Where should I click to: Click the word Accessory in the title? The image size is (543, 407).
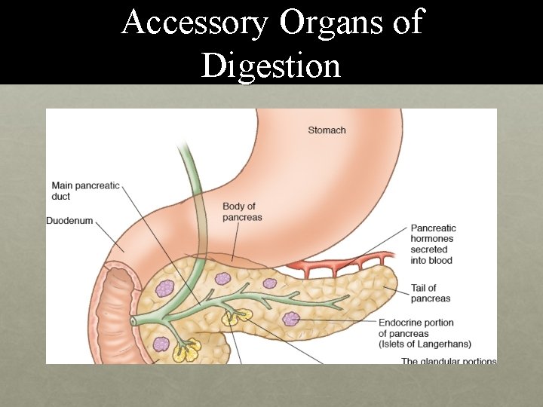[x=195, y=23]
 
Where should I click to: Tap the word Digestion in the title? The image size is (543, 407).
[x=271, y=66]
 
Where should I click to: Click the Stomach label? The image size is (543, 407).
[x=327, y=130]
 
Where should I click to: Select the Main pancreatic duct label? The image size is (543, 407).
[x=85, y=191]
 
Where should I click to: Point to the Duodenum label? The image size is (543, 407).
[x=69, y=221]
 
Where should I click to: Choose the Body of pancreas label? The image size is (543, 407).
[x=242, y=212]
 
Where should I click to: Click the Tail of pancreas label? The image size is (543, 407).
[x=430, y=293]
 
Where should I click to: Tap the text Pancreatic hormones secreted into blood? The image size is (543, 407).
[x=432, y=244]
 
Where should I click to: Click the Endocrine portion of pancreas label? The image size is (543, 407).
[x=416, y=328]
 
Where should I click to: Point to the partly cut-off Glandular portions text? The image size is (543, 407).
[x=448, y=361]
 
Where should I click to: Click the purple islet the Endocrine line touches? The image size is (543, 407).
[x=291, y=319]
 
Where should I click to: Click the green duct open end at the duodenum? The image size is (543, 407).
[x=133, y=321]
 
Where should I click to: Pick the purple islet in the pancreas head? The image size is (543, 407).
[x=164, y=288]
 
